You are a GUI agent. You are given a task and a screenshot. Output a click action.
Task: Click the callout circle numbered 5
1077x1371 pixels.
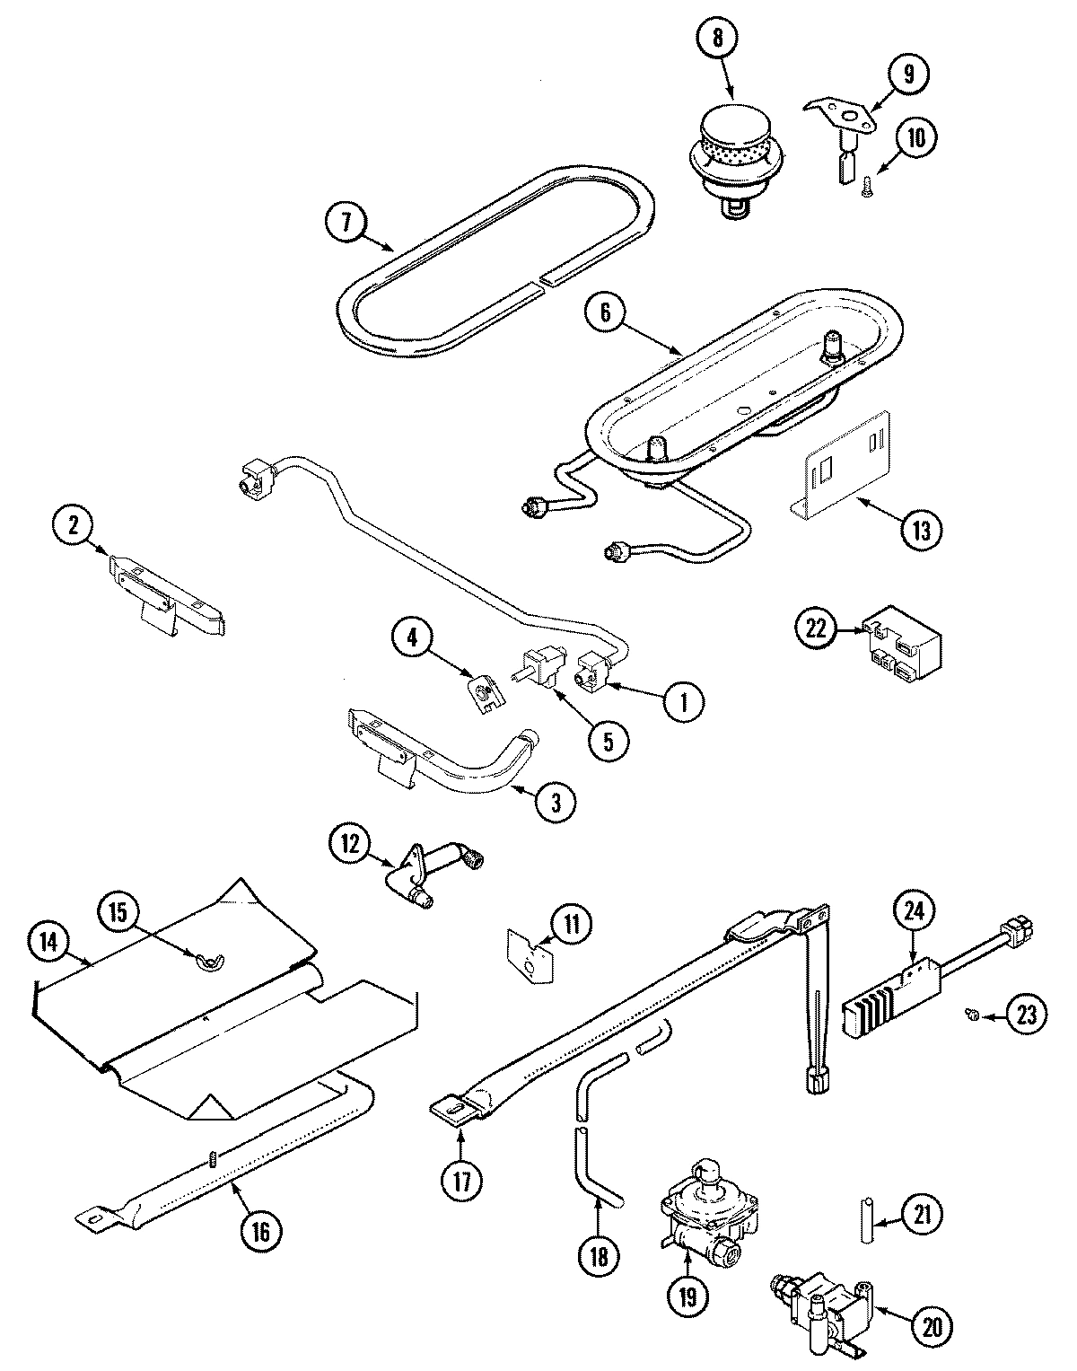(x=608, y=741)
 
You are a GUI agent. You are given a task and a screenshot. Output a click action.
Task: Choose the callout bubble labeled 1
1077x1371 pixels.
(x=684, y=701)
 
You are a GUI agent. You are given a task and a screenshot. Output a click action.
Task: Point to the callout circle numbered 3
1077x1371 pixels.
(x=556, y=803)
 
